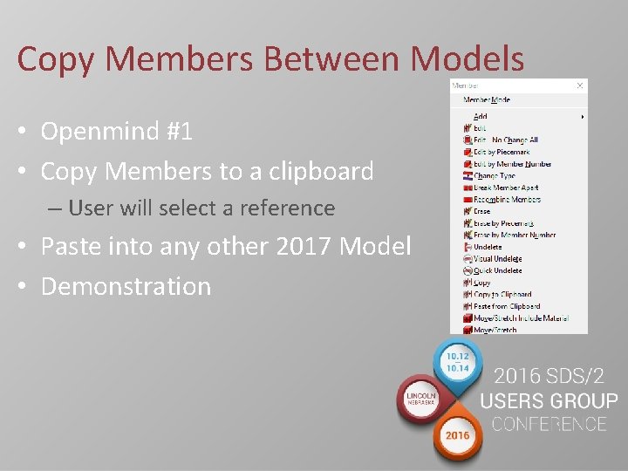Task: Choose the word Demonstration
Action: pyautogui.click(x=126, y=286)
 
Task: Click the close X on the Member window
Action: pyautogui.click(x=580, y=85)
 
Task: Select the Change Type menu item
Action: pyautogui.click(x=495, y=175)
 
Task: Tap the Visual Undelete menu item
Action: pyautogui.click(x=497, y=259)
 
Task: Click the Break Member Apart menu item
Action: pyautogui.click(x=506, y=188)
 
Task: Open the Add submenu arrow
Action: pyautogui.click(x=582, y=116)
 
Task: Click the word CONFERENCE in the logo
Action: pyautogui.click(x=549, y=425)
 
